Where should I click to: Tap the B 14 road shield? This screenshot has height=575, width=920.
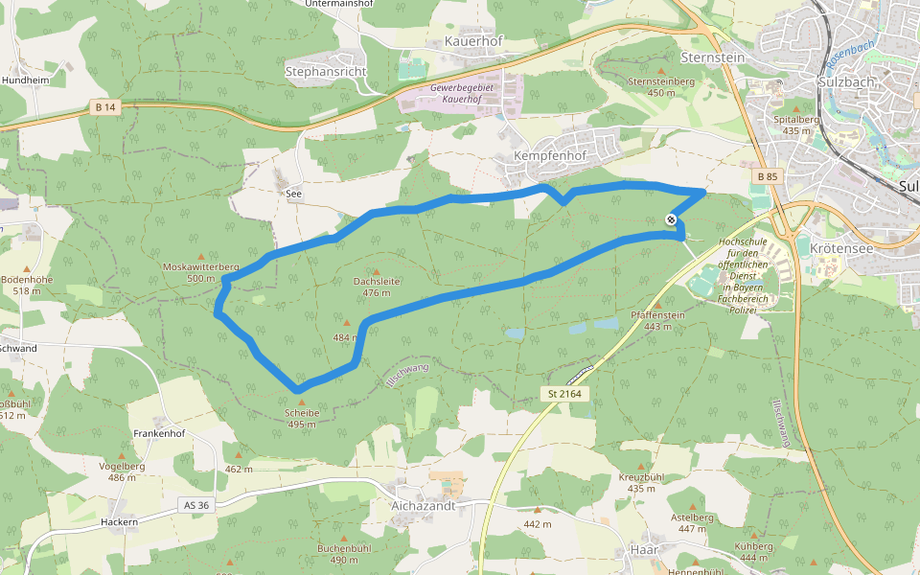105,107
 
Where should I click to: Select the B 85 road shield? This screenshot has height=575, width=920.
767,176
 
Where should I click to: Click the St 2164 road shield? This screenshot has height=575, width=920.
565,394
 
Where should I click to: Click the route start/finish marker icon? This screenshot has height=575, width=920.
671,220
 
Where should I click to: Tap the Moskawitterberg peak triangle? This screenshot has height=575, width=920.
200,256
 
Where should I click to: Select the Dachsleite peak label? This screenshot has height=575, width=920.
376,282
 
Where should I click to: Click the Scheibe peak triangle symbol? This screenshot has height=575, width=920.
302,402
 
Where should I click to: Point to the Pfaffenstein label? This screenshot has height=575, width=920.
657,315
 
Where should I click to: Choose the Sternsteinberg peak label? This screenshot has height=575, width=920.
660,82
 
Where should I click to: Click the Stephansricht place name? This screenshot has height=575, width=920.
326,71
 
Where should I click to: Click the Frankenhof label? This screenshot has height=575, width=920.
159,433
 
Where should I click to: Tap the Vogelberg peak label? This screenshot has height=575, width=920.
122,466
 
